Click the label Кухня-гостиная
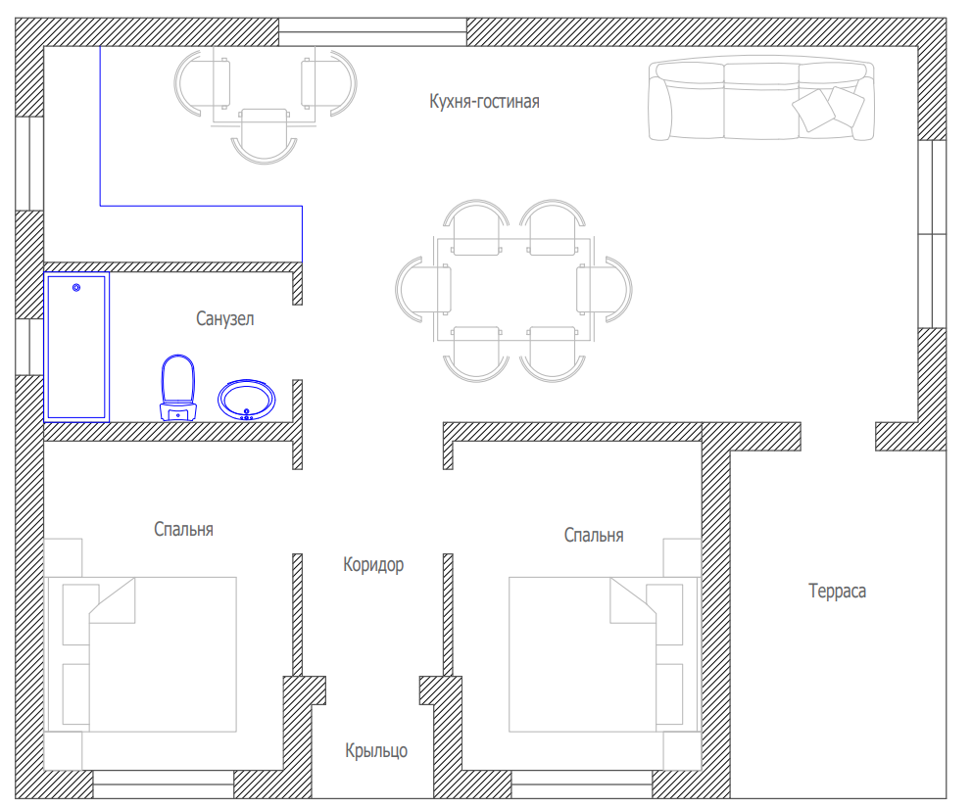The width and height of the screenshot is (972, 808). [x=484, y=101]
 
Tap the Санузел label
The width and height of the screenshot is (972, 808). [x=225, y=318]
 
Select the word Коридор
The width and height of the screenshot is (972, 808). [x=373, y=564]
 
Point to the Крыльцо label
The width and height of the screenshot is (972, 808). [x=376, y=750]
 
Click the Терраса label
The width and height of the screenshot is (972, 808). [x=837, y=591]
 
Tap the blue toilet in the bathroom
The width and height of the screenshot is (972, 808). [x=178, y=389]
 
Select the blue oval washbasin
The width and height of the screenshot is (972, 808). [x=246, y=400]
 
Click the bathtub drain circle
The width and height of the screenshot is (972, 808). [x=76, y=288]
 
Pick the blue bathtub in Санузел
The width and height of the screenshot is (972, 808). [x=76, y=347]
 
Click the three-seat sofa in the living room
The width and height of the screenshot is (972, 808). [x=761, y=99]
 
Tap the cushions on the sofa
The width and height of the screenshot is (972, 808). [x=828, y=109]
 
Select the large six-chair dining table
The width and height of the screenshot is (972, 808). [x=514, y=289]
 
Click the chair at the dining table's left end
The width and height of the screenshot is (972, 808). [x=422, y=289]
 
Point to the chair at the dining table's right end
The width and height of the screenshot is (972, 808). [x=605, y=289]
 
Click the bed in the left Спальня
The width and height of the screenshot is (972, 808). [x=141, y=654]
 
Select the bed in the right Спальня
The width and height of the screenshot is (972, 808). [x=605, y=654]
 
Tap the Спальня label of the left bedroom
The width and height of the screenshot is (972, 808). [x=183, y=529]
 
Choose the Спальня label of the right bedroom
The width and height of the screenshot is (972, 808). [x=593, y=535]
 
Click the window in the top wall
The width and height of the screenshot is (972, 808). [x=372, y=32]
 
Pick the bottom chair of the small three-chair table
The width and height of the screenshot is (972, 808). [x=265, y=136]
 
